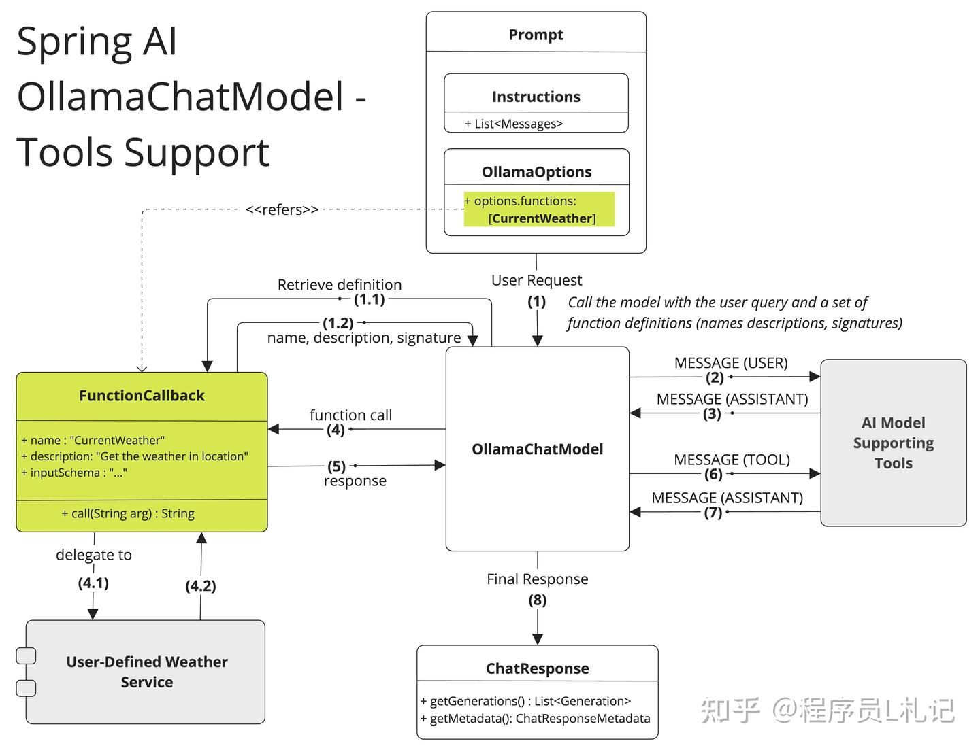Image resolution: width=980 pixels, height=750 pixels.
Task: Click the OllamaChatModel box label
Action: click(537, 449)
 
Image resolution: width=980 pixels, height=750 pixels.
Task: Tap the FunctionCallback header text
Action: click(142, 396)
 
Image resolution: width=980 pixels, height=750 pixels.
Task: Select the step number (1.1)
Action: click(370, 299)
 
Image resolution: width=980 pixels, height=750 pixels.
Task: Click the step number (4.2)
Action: click(201, 586)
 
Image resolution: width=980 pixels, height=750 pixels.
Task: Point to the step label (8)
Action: click(537, 600)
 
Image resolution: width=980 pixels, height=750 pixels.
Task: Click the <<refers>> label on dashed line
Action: click(282, 209)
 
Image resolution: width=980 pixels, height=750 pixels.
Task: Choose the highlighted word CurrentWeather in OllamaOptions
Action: click(542, 218)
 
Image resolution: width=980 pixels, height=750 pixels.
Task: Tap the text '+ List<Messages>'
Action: click(514, 124)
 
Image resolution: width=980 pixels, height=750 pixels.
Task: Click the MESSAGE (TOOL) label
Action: click(732, 460)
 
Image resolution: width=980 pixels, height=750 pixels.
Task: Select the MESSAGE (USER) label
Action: click(731, 363)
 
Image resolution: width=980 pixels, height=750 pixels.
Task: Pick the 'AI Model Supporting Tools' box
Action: click(893, 443)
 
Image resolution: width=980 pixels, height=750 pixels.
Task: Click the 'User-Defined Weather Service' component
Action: click(146, 672)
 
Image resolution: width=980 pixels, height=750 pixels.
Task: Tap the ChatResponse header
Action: click(537, 668)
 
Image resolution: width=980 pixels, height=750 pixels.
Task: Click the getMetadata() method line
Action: click(535, 719)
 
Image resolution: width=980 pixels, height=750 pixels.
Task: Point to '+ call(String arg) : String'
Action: click(128, 513)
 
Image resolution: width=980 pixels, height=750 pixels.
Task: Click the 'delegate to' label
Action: click(94, 555)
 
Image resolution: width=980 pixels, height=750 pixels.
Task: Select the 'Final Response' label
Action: click(537, 579)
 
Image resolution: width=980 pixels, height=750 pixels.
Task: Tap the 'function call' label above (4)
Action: click(350, 415)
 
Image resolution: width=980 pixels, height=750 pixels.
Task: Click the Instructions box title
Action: click(536, 97)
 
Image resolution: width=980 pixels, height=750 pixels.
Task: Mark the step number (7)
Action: click(713, 513)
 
